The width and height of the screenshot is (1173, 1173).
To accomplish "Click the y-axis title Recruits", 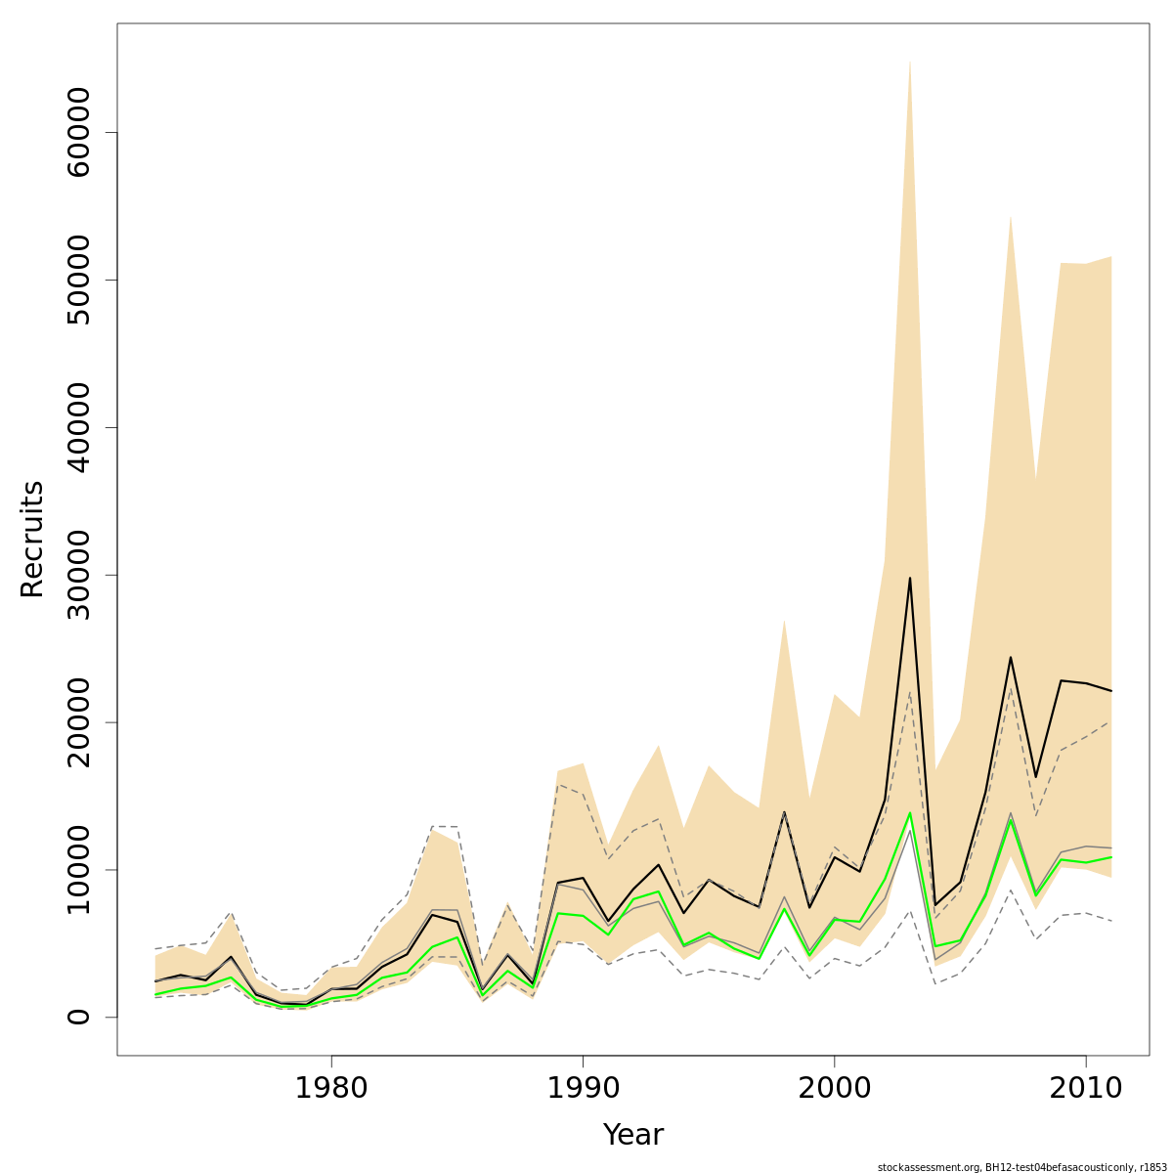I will pos(32,539).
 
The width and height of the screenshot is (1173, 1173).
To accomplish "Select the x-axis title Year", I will pos(632,1136).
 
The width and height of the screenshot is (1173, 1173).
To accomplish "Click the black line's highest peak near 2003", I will pos(910,578).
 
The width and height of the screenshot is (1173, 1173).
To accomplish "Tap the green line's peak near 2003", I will pos(910,813).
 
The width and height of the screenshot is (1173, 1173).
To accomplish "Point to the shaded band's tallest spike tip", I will pos(910,62).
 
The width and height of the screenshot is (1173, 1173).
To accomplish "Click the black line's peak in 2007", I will pos(1010,657).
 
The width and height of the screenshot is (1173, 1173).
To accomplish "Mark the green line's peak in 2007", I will pos(1010,821).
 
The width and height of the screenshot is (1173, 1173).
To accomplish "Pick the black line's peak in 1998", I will pos(784,812).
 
